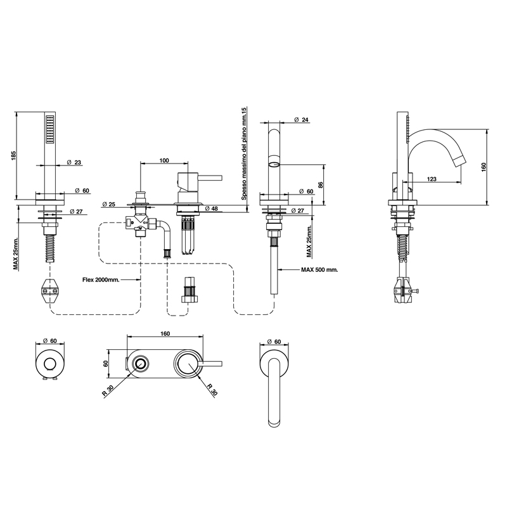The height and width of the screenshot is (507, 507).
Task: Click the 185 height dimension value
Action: (13, 156)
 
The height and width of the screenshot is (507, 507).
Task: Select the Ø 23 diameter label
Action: (74, 163)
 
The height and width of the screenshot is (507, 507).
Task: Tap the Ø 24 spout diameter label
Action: (302, 120)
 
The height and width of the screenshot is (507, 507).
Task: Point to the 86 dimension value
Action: (321, 184)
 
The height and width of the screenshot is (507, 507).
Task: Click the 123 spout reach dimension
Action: (432, 179)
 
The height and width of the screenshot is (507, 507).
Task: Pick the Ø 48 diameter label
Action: (212, 209)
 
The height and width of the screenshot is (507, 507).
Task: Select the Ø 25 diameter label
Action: (108, 204)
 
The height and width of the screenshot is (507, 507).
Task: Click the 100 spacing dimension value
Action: (164, 160)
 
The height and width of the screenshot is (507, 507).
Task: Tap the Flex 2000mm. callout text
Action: (101, 280)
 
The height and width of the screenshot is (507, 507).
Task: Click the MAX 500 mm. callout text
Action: (319, 270)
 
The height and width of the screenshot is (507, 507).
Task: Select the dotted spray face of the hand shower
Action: (50, 129)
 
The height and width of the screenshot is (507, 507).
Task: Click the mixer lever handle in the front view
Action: (210, 178)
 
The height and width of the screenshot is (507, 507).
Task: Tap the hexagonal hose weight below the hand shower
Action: (50, 291)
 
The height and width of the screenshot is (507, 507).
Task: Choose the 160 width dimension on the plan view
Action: (165, 334)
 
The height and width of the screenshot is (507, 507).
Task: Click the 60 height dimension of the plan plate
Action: (105, 363)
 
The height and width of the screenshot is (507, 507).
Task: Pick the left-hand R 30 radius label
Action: (108, 390)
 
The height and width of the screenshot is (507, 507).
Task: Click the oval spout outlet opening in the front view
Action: (274, 165)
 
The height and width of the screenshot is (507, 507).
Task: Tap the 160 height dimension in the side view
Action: (484, 167)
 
